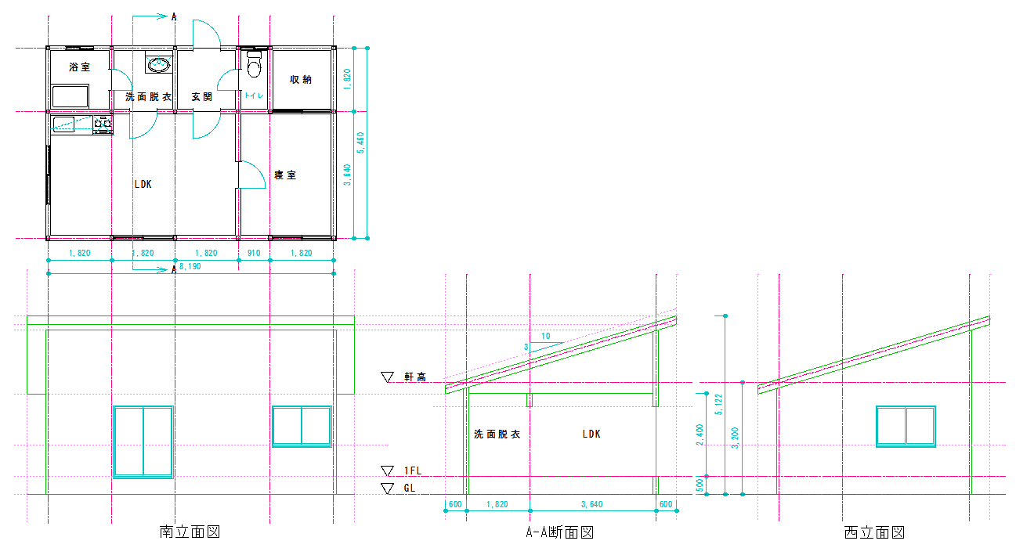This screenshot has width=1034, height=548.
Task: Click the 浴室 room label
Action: click(x=79, y=67)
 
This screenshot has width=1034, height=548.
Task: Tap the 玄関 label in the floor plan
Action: click(x=202, y=97)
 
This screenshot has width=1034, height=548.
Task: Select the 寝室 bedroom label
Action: click(x=285, y=175)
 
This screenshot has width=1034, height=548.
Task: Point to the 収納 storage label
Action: click(x=301, y=79)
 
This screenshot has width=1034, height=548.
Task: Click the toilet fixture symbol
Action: click(x=255, y=64)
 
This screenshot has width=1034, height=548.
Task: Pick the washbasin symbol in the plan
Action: click(x=159, y=63)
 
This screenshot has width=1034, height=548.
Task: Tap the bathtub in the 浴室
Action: click(x=70, y=96)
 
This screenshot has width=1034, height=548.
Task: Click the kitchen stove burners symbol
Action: click(x=103, y=124)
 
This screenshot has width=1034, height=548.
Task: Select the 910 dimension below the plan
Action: click(x=254, y=253)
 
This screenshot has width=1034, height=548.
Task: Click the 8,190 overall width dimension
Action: click(x=190, y=266)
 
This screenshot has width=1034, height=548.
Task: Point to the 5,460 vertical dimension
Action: click(x=360, y=143)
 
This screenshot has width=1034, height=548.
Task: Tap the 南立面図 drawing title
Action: click(x=190, y=532)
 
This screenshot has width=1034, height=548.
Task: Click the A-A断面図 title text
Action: click(x=559, y=532)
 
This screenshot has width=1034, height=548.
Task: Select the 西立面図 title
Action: click(x=874, y=532)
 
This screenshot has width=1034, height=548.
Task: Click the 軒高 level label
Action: click(x=415, y=377)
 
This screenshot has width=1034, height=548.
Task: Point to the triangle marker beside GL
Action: click(x=387, y=488)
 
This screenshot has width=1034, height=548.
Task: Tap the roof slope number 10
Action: click(x=546, y=337)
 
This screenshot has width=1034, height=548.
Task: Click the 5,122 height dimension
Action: click(x=719, y=404)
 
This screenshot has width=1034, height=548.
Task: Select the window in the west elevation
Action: click(x=906, y=427)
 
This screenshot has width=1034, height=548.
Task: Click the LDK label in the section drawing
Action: click(x=591, y=434)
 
